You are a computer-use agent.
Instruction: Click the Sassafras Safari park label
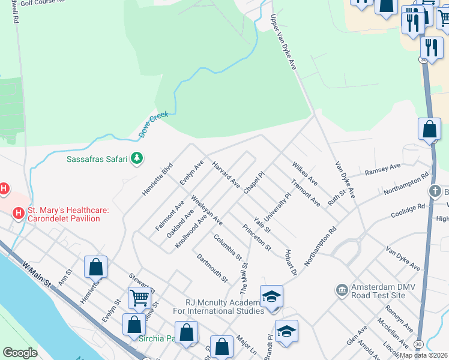tap(96, 159)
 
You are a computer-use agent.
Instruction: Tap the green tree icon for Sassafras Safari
tap(138, 158)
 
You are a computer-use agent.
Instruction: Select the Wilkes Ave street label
tap(304, 172)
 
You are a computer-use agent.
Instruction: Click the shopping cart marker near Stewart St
tap(139, 296)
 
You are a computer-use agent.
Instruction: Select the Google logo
tap(20, 353)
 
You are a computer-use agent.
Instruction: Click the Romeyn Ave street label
tap(399, 317)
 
